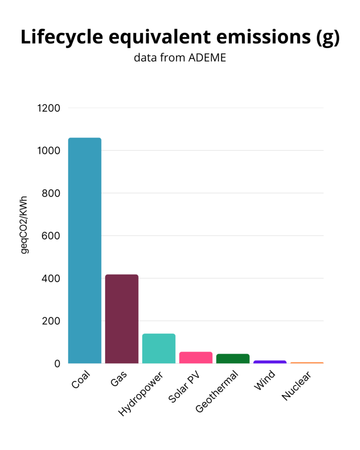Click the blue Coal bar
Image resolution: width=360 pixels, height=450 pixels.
(x=85, y=250)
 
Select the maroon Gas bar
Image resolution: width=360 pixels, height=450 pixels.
(x=122, y=319)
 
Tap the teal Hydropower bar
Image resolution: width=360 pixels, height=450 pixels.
(x=159, y=348)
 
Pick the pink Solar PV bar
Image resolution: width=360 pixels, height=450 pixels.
(x=196, y=358)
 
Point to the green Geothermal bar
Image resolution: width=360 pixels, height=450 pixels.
(x=233, y=359)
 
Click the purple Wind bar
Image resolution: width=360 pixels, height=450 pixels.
(x=270, y=362)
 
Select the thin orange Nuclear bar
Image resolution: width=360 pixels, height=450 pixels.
(x=307, y=363)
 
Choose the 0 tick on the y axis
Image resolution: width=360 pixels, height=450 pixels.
(x=57, y=364)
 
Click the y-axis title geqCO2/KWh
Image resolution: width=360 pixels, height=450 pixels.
(x=24, y=224)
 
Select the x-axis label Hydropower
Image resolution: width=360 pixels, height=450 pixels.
(x=141, y=394)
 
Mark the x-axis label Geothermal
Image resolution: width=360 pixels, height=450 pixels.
(x=217, y=392)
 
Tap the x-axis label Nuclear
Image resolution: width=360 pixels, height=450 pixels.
(x=297, y=386)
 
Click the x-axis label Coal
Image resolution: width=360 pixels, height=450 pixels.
(x=80, y=380)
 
